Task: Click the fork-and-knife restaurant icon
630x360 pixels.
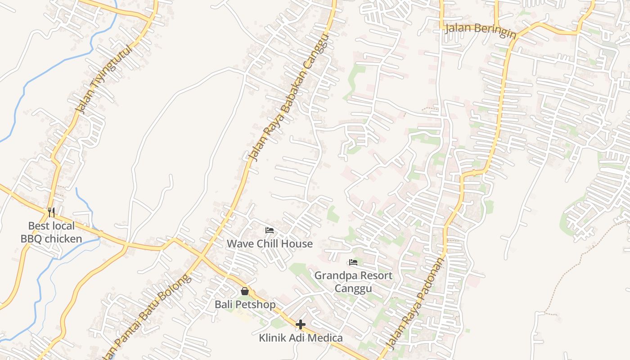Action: pyautogui.click(x=51, y=211)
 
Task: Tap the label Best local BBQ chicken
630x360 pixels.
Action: pyautogui.click(x=51, y=232)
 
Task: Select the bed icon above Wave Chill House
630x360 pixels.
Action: pyautogui.click(x=270, y=230)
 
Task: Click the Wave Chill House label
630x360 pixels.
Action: pyautogui.click(x=270, y=244)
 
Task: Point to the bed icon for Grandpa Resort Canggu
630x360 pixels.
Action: pyautogui.click(x=353, y=262)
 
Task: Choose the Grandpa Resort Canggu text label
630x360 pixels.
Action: pyautogui.click(x=353, y=281)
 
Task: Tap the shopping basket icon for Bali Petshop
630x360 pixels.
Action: pyautogui.click(x=245, y=291)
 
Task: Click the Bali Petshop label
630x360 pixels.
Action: pyautogui.click(x=245, y=305)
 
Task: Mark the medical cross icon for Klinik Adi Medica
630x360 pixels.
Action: pyautogui.click(x=301, y=324)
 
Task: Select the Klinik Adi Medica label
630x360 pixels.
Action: pyautogui.click(x=301, y=338)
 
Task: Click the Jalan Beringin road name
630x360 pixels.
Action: pyautogui.click(x=480, y=31)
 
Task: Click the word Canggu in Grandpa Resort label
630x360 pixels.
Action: pyautogui.click(x=353, y=288)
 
